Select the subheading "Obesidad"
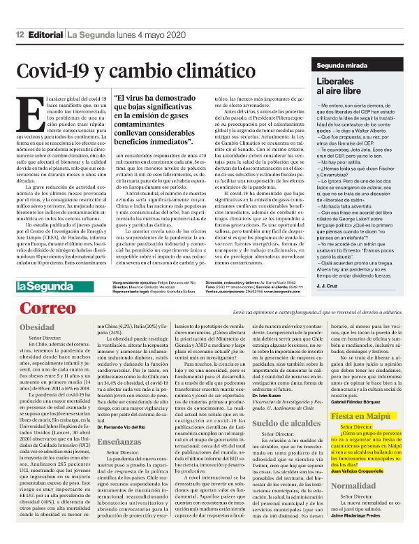click(37, 327)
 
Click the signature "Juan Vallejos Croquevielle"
click(359, 472)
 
